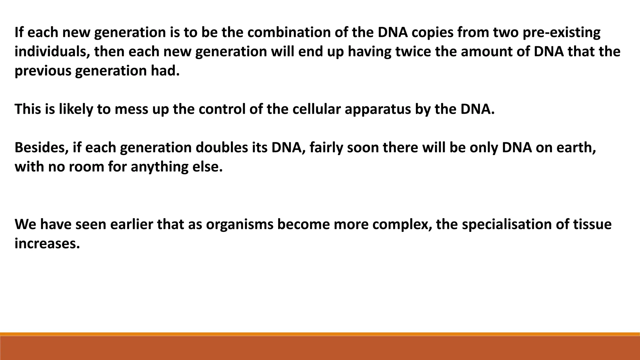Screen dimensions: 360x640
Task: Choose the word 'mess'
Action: point(131,109)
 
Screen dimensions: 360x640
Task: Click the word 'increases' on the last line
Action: point(47,243)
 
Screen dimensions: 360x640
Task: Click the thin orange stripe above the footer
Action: point(320,334)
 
